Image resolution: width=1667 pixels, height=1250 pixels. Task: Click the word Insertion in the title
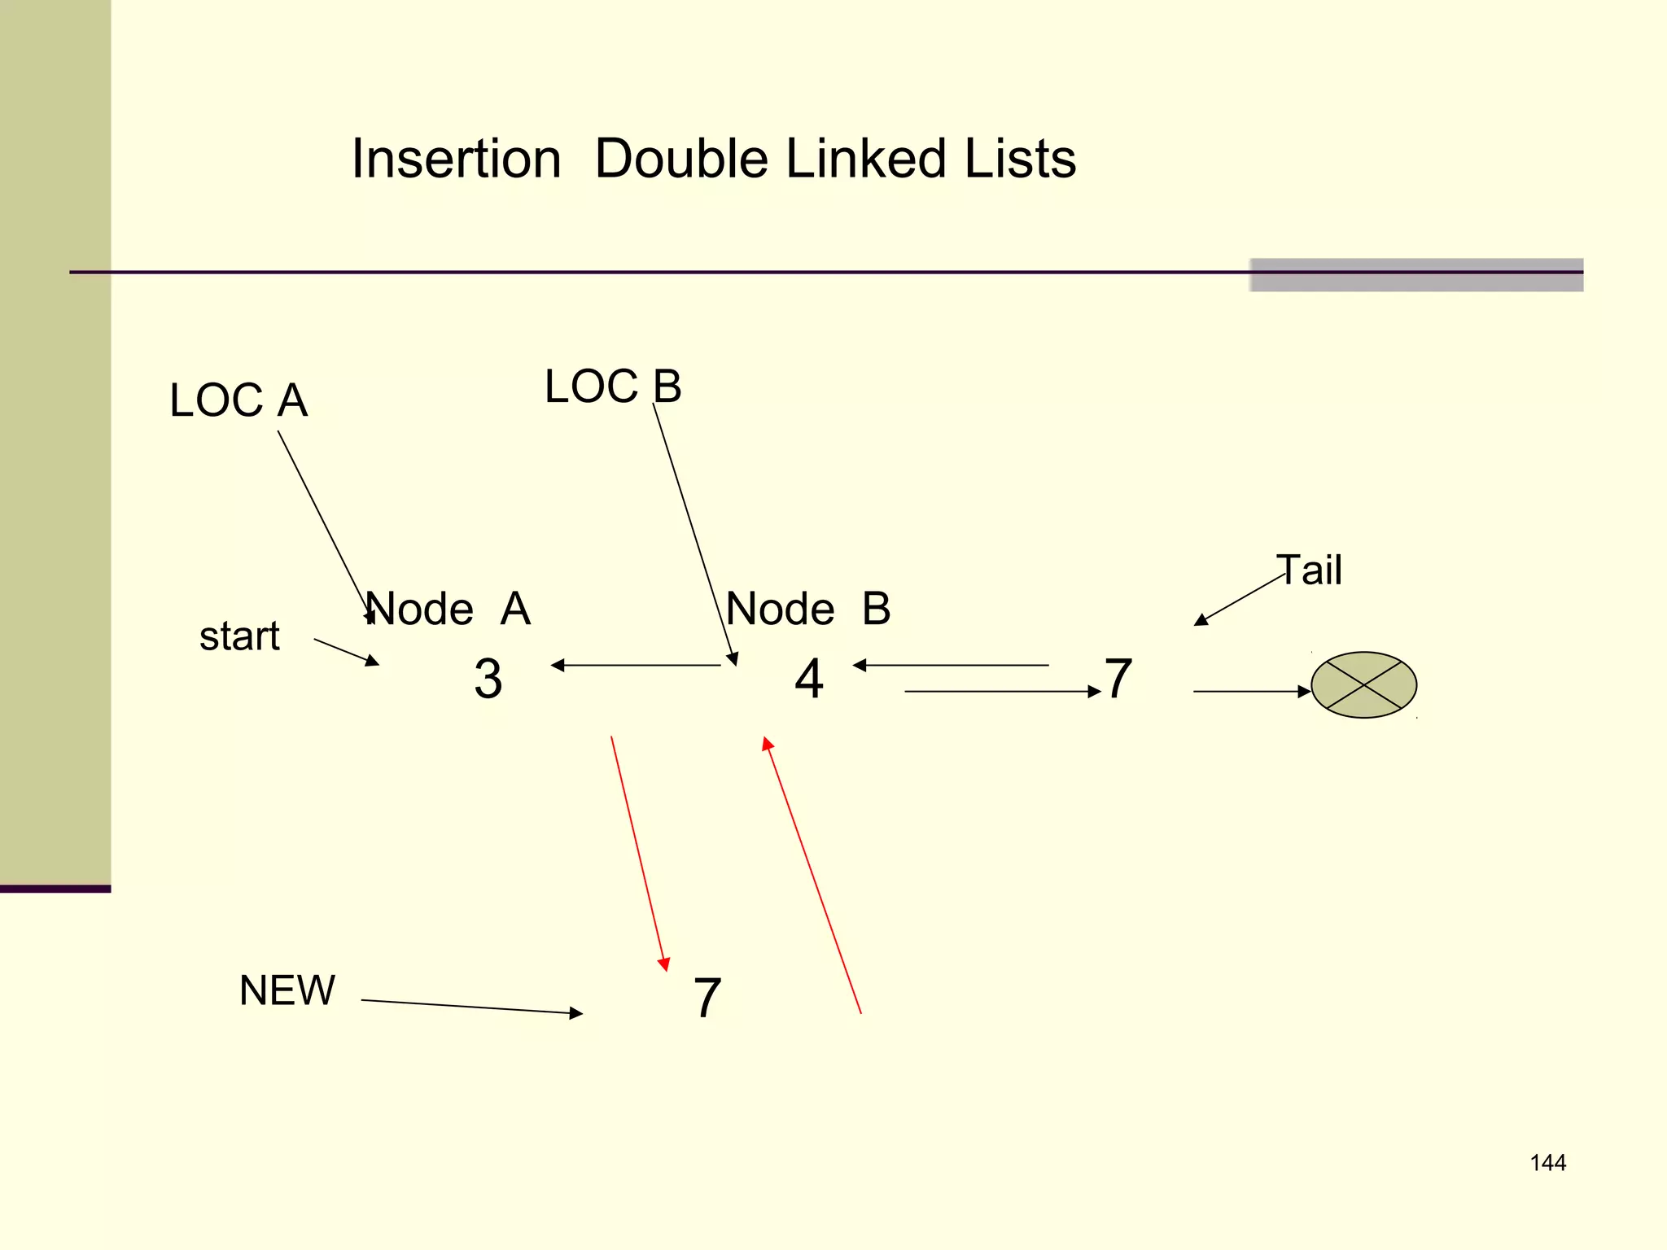click(x=456, y=159)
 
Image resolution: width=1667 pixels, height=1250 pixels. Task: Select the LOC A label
click(x=238, y=400)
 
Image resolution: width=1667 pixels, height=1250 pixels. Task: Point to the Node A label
click(x=448, y=609)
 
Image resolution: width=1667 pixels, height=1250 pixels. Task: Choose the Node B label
click(x=808, y=609)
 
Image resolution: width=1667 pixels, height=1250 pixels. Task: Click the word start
click(x=239, y=636)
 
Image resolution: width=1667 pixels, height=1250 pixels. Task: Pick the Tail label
click(x=1309, y=570)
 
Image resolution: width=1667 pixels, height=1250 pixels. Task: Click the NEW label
click(x=287, y=990)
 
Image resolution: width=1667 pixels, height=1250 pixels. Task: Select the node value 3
click(x=488, y=679)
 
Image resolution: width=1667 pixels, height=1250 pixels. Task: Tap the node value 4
click(x=809, y=679)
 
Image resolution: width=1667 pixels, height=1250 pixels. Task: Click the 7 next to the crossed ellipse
click(x=1118, y=679)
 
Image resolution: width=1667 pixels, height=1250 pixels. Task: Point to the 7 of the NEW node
click(x=707, y=999)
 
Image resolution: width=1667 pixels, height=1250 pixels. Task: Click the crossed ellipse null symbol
click(x=1363, y=685)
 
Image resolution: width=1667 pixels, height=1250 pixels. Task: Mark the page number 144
click(x=1547, y=1163)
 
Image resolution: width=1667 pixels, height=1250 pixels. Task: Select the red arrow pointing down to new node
click(x=640, y=854)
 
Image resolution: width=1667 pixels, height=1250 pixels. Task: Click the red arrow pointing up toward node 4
click(x=812, y=876)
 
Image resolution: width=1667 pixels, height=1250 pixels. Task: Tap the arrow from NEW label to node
click(x=472, y=1007)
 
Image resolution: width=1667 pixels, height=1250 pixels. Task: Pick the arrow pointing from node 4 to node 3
click(x=636, y=666)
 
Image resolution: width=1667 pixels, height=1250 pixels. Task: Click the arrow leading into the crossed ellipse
click(x=1252, y=692)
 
